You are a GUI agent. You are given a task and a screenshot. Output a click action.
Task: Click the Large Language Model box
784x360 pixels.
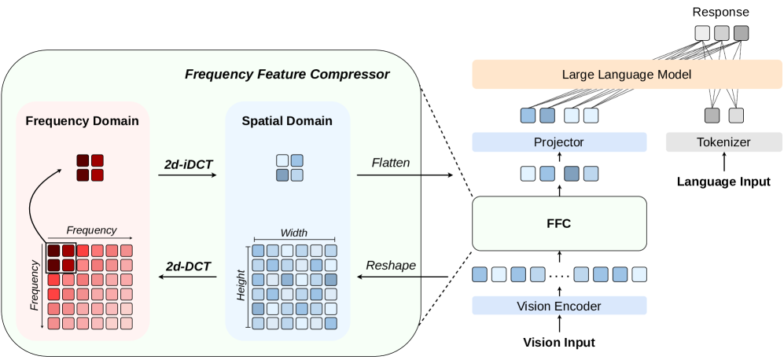pos(627,75)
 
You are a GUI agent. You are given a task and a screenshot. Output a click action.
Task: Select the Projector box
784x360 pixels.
pos(559,142)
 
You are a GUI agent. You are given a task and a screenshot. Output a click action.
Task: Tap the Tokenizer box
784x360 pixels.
pos(723,142)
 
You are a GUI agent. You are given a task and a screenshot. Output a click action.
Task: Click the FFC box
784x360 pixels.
pos(559,223)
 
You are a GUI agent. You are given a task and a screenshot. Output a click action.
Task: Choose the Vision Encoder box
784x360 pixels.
pos(559,306)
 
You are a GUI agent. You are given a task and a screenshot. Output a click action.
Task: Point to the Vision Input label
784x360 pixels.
pos(559,343)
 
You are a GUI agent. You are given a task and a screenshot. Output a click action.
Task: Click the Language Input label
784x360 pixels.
pos(723,182)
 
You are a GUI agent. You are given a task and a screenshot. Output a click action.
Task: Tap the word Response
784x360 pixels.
pos(721,13)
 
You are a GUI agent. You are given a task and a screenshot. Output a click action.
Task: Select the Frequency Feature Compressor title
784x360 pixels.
pos(286,75)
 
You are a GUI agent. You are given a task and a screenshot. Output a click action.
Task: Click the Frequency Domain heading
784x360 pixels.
pos(82,121)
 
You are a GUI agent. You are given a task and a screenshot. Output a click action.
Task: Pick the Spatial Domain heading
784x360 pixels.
pos(287,121)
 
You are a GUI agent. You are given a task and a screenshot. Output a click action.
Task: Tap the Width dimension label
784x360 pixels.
pos(293,232)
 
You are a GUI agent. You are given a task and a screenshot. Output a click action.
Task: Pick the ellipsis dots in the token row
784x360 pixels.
pos(559,275)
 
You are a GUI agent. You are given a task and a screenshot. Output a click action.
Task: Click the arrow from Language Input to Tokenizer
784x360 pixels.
pos(723,163)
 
